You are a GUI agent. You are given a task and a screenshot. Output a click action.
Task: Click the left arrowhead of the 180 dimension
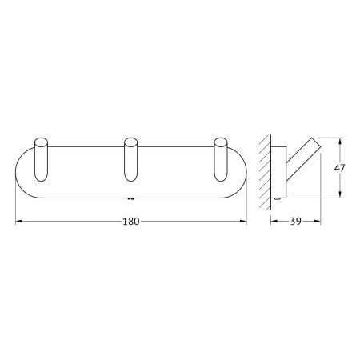point(19,230)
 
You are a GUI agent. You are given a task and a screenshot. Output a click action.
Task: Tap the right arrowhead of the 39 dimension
point(321,230)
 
